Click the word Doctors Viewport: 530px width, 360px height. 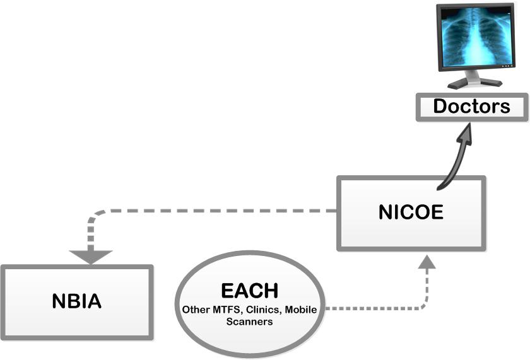coord(471,106)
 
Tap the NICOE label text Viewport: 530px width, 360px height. coord(411,212)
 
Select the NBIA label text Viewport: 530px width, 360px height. coord(77,301)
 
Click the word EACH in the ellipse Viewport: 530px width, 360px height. coord(249,291)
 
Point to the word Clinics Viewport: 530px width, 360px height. coord(262,310)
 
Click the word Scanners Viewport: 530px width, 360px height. coord(249,322)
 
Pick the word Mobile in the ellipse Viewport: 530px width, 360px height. coord(301,310)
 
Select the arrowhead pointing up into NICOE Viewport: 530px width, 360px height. coord(427,262)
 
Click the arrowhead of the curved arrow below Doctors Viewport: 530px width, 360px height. coord(464,135)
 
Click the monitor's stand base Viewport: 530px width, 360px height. coord(475,83)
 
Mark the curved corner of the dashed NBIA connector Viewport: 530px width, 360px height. coord(95,216)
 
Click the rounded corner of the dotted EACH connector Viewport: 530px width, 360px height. coord(425,305)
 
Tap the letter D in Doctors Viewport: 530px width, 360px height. coord(440,106)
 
